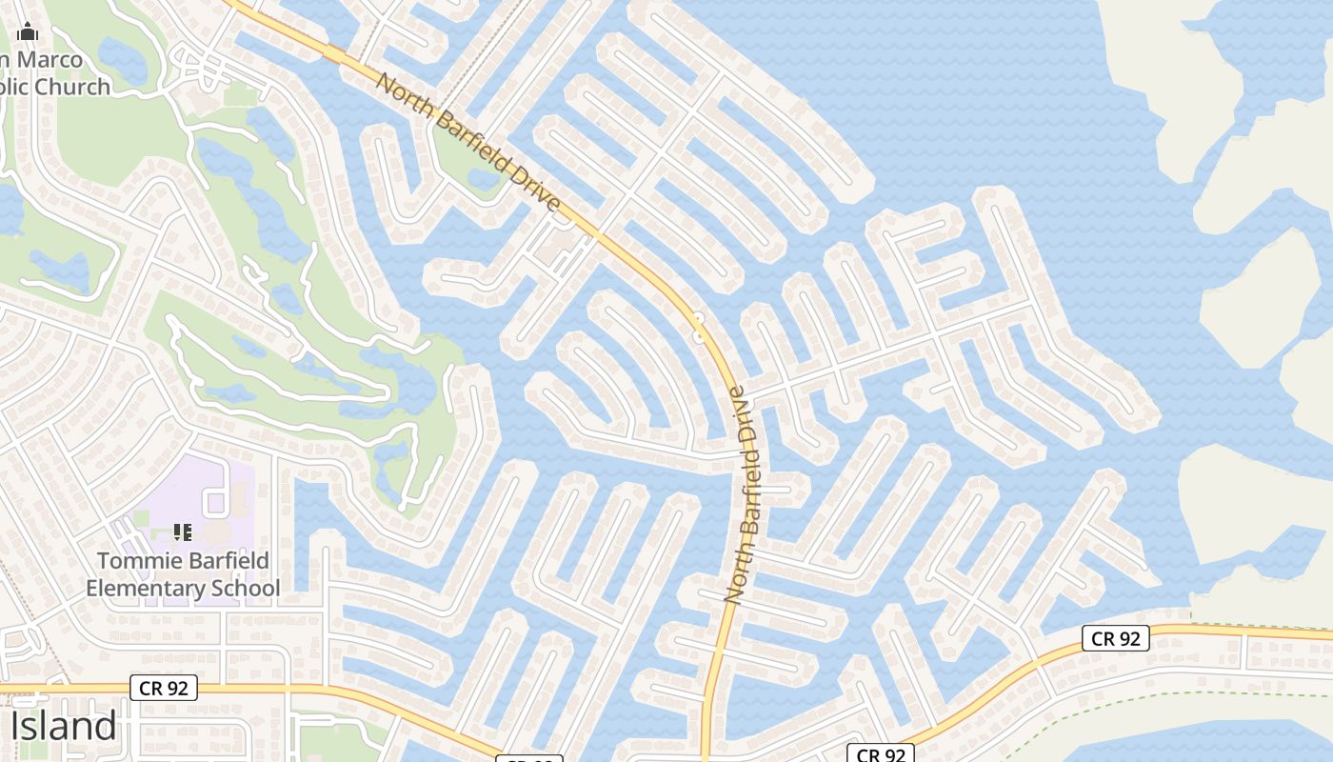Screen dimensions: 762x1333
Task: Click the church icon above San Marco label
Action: point(27,32)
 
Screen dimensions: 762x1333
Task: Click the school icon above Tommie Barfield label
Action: point(183,531)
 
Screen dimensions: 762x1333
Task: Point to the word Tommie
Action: point(136,561)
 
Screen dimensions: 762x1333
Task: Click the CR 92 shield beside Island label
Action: point(163,687)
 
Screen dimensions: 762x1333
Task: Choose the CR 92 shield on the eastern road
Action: point(1115,638)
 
